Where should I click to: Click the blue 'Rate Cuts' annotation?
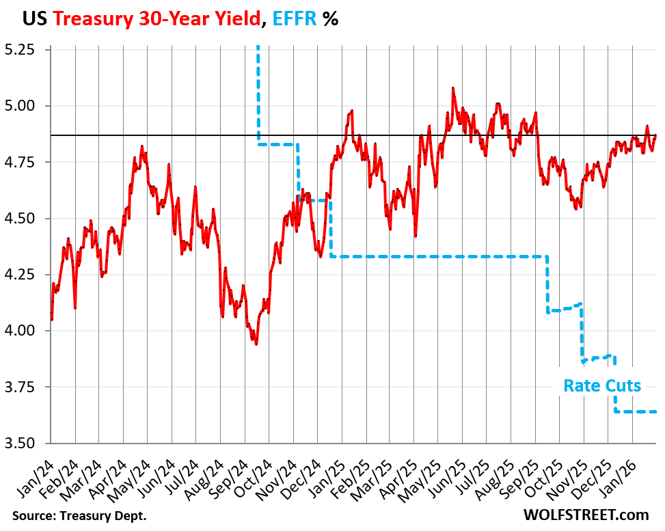602,386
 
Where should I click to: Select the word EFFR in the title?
295,19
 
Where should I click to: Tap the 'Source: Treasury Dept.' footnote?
79,515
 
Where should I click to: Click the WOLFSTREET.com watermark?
586,514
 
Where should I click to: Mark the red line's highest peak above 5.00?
452,88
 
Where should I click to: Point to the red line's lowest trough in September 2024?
256,344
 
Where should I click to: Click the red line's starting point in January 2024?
52,319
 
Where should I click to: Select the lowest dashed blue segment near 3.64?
636,411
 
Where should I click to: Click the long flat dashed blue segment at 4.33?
437,256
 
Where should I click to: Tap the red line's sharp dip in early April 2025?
416,236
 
